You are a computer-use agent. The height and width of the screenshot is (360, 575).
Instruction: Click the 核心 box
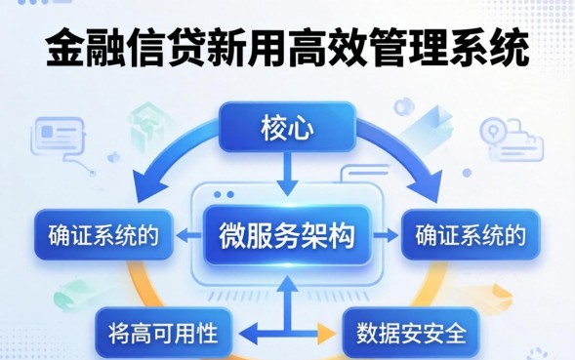[x=286, y=127]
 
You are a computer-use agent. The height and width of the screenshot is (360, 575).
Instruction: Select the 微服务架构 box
[x=287, y=235]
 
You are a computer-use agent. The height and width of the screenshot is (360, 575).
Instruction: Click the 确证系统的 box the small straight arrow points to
[x=471, y=235]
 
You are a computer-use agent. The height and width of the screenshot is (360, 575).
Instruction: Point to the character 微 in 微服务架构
[x=229, y=235]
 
